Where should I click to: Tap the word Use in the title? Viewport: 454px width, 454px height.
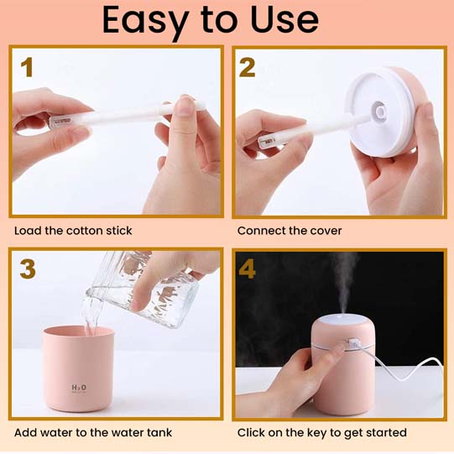coord(284,19)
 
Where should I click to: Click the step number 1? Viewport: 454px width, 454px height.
coord(27,67)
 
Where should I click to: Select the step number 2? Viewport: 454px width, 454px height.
coord(247,67)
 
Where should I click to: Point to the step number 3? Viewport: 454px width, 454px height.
coord(28,269)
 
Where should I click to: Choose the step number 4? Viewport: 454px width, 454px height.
coord(247,269)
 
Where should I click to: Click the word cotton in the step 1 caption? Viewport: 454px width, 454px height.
coord(84,231)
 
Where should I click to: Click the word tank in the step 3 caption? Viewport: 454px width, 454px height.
coord(159,432)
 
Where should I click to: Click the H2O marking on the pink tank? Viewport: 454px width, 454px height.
coord(79,388)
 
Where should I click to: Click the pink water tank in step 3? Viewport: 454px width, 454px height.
coord(79,368)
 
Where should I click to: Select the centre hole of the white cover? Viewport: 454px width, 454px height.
coord(380,112)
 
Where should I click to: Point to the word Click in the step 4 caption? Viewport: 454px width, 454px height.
coord(250,432)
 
